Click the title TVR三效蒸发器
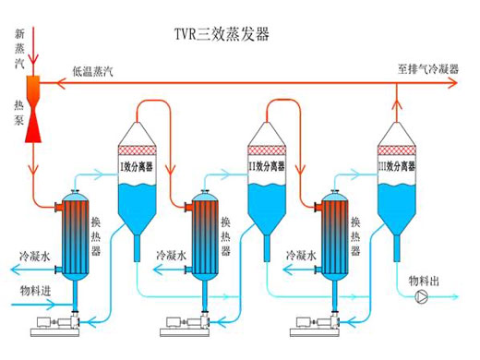(222, 34)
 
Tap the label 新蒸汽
(19, 48)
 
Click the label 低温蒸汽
(93, 71)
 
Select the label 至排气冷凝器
(428, 69)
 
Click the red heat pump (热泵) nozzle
(33, 109)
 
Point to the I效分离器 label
(137, 167)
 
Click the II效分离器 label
(267, 166)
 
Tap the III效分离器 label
(397, 166)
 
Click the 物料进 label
(35, 291)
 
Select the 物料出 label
(424, 281)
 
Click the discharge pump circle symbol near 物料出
(421, 296)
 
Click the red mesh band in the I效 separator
(138, 150)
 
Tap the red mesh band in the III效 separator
(397, 150)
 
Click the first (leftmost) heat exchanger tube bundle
(76, 237)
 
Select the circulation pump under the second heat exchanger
(186, 326)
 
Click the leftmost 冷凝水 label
(34, 257)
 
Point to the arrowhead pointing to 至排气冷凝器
(452, 83)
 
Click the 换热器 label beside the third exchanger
(355, 236)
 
